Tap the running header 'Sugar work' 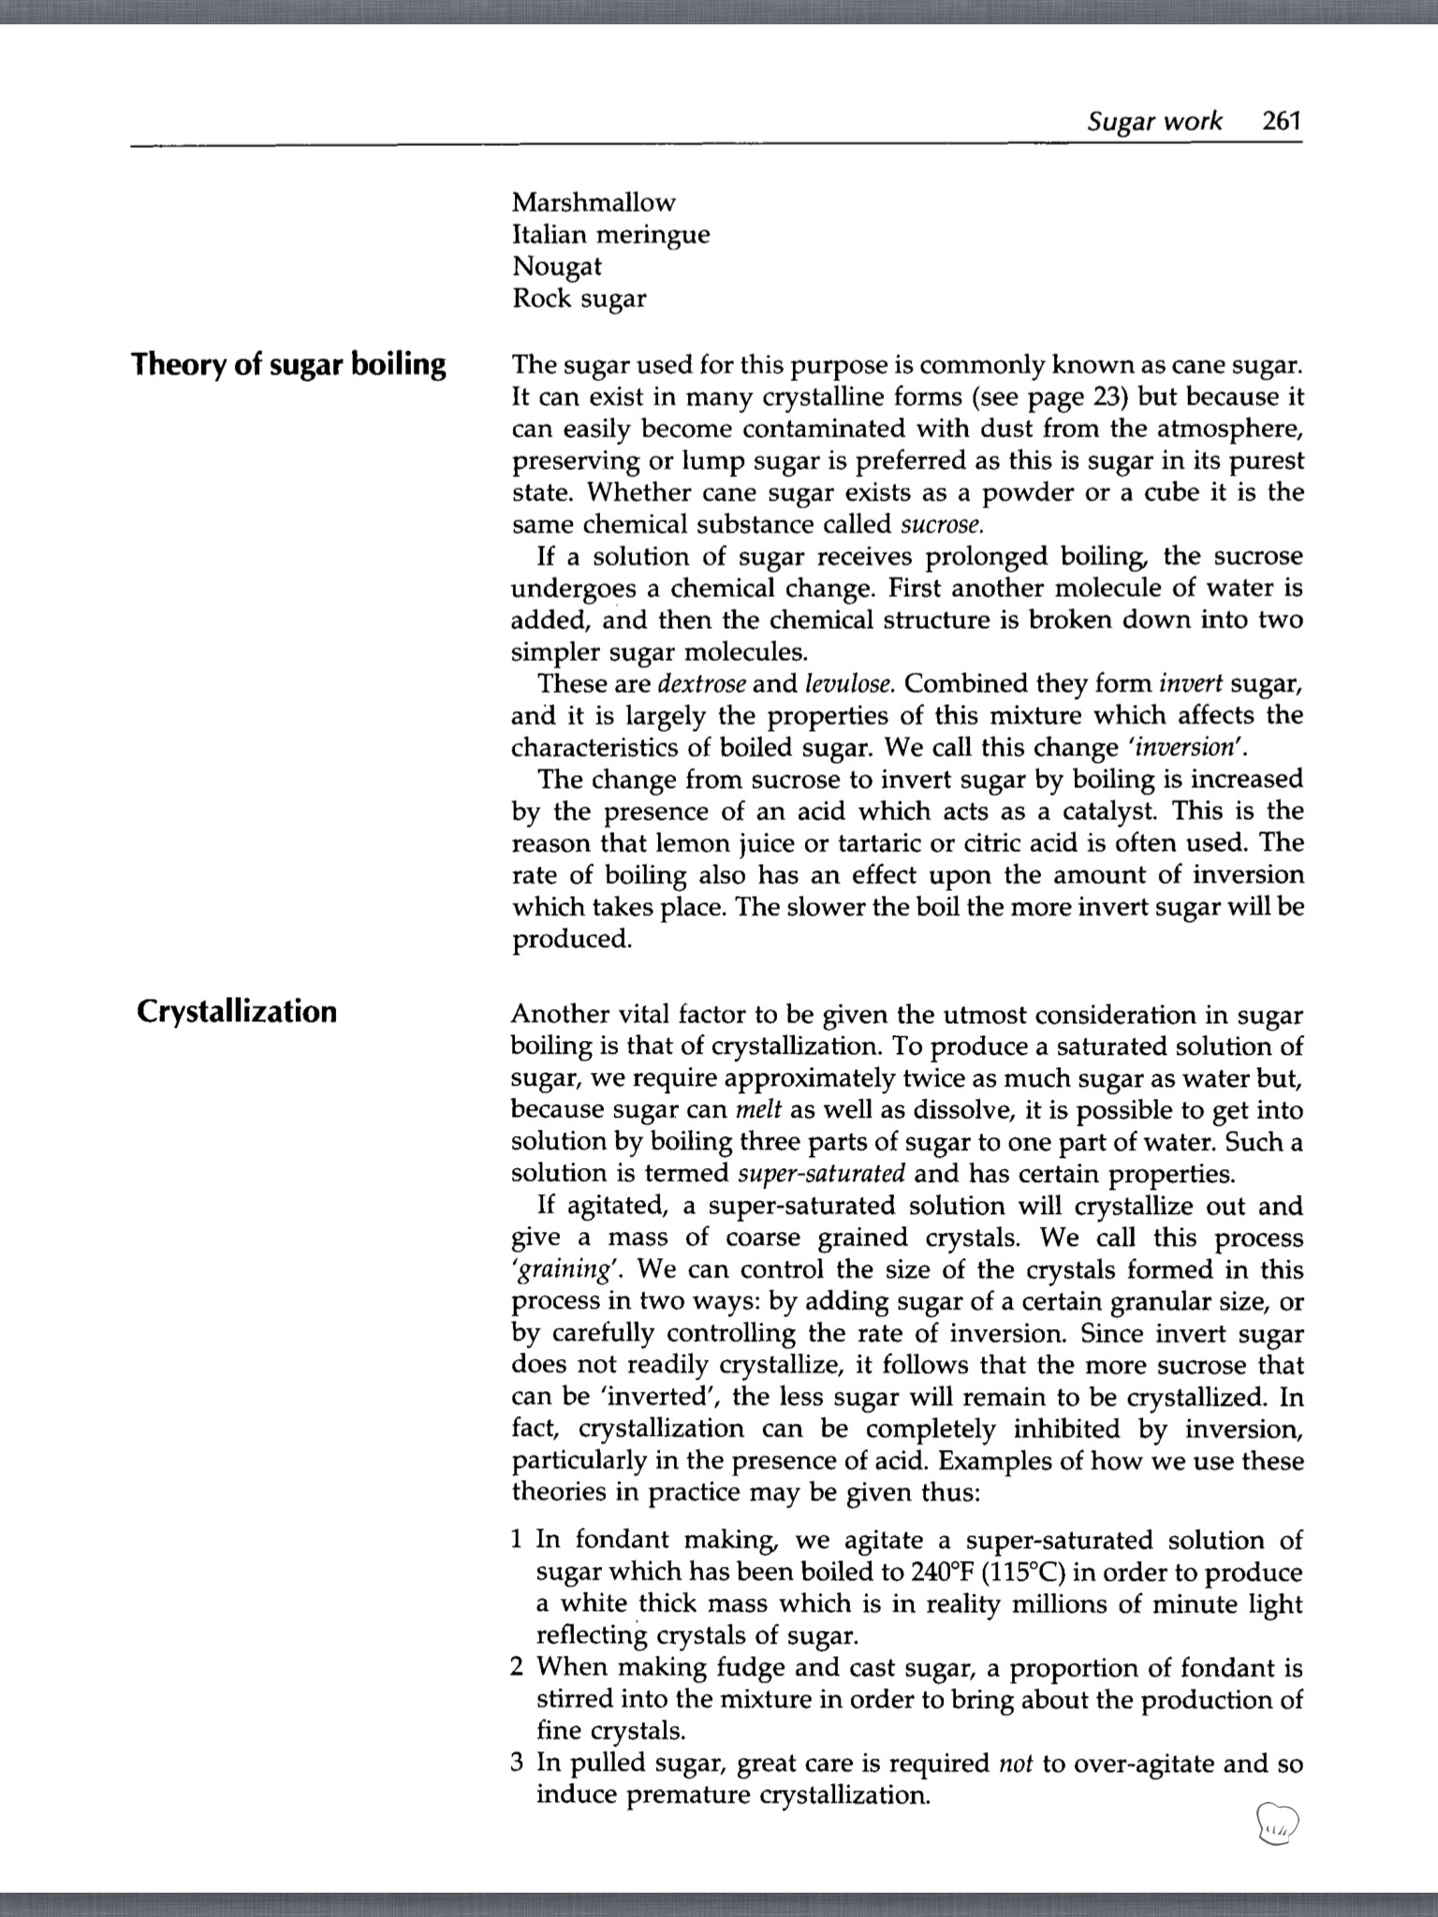click(x=1154, y=121)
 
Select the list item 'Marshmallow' click(x=594, y=202)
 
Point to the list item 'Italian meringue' click(x=610, y=234)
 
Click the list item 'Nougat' click(x=556, y=266)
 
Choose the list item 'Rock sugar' click(x=579, y=299)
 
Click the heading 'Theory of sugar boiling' click(x=288, y=364)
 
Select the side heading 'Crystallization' click(x=236, y=1012)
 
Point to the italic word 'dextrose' click(x=702, y=683)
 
